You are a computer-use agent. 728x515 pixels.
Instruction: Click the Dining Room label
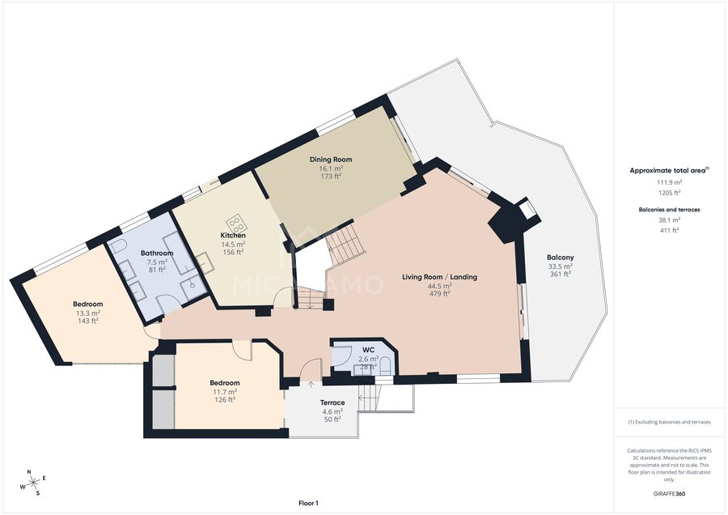tap(331, 160)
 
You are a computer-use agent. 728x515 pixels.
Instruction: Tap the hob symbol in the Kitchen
tap(236, 224)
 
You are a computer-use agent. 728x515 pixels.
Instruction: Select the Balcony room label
tap(561, 257)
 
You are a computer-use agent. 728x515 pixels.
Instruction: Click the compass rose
tap(33, 483)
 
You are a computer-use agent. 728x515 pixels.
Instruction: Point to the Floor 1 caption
tap(309, 503)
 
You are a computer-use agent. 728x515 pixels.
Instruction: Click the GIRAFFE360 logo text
tap(669, 494)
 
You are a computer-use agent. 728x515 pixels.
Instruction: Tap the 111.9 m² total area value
tap(669, 182)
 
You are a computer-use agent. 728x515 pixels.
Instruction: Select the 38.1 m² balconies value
tap(669, 220)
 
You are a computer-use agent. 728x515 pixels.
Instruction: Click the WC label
tap(368, 350)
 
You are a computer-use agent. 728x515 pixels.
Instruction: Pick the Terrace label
tap(332, 402)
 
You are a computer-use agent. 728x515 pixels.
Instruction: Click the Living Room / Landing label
tap(439, 277)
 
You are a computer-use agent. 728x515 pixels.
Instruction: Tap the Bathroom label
tap(157, 253)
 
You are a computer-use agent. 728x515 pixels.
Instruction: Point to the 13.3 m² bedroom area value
tap(87, 313)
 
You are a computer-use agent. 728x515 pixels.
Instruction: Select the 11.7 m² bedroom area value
tap(225, 391)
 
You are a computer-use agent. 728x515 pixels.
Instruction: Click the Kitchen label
tap(233, 236)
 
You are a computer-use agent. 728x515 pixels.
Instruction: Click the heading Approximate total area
tap(669, 170)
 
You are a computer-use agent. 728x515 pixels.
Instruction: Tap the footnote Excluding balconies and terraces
tap(669, 422)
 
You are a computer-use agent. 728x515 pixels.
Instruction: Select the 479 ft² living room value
tap(439, 294)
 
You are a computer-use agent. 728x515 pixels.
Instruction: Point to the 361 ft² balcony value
tap(561, 275)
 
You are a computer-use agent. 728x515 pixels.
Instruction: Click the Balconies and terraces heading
tap(669, 210)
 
